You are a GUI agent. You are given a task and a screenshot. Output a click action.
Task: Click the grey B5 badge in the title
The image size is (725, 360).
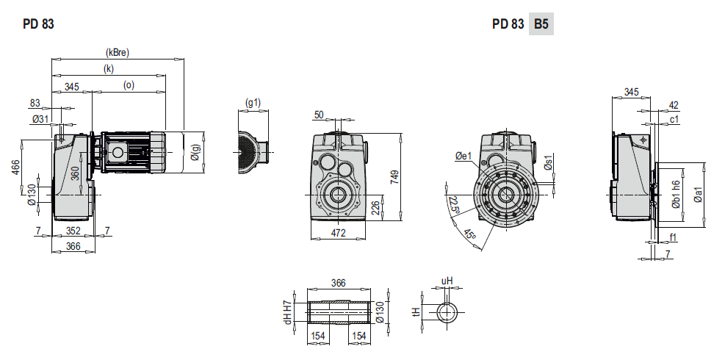pos(541,24)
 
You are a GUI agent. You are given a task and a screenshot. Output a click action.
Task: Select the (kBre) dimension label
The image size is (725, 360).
pos(118,52)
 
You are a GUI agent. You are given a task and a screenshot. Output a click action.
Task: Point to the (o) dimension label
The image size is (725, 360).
pos(129,85)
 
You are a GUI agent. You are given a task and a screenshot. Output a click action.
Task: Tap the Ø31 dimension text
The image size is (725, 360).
pos(40,119)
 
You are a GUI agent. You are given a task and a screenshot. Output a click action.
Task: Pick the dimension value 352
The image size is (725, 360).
pos(73,231)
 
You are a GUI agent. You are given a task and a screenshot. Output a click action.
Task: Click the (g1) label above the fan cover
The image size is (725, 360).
pos(253,102)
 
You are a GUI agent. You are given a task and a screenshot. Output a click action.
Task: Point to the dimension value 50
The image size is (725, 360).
pos(319,115)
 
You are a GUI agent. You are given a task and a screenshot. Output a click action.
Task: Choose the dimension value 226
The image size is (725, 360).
pos(376,208)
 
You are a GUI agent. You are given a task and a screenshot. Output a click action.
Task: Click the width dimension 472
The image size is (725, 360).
pos(339,233)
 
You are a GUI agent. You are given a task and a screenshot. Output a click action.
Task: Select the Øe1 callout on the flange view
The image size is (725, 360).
pos(463,156)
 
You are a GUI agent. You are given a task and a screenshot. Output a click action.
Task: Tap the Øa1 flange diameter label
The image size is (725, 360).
pos(698,195)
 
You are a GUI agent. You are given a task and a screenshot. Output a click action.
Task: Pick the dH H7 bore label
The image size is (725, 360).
pos(289,312)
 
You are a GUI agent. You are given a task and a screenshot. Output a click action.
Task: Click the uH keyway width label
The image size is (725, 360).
pos(447,281)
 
